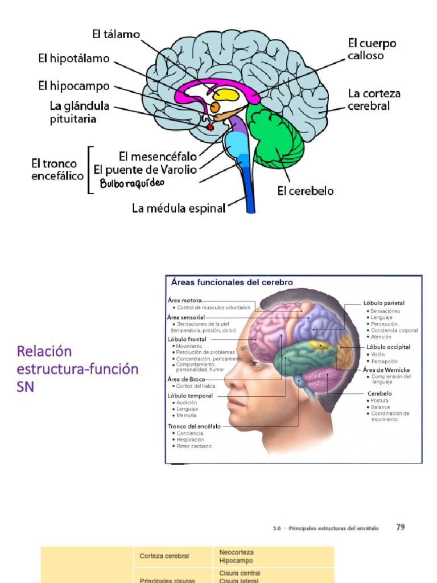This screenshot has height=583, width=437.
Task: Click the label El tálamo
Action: [116, 35]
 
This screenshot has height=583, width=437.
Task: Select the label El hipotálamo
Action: [74, 59]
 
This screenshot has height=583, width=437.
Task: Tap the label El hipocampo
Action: [74, 87]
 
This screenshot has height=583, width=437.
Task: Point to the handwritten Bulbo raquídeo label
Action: [132, 183]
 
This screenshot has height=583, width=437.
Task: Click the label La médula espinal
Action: [179, 208]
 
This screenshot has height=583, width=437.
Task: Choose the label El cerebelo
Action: [306, 191]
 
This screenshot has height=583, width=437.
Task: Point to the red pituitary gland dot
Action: [210, 128]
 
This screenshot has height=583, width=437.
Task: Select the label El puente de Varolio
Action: [145, 170]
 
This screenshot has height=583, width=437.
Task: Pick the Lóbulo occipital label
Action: [389, 347]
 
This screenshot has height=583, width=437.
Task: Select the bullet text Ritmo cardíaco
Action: [194, 446]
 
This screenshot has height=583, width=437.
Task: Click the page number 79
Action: [400, 527]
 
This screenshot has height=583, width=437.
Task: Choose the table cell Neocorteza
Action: [236, 552]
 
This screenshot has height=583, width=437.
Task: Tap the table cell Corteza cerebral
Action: [164, 556]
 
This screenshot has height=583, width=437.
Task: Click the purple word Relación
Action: [44, 350]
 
